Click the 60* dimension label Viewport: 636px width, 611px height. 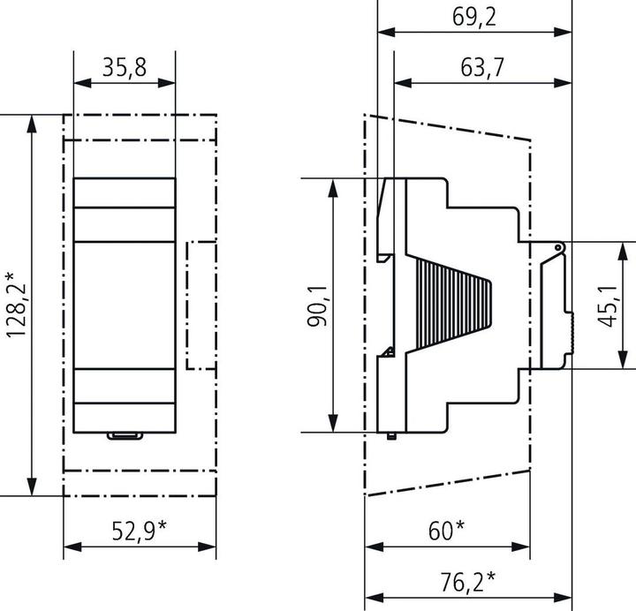point(447,530)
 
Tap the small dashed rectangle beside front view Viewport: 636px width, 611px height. point(202,305)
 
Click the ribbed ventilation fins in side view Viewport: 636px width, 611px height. point(450,305)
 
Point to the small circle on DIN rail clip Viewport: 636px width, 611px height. point(558,248)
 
